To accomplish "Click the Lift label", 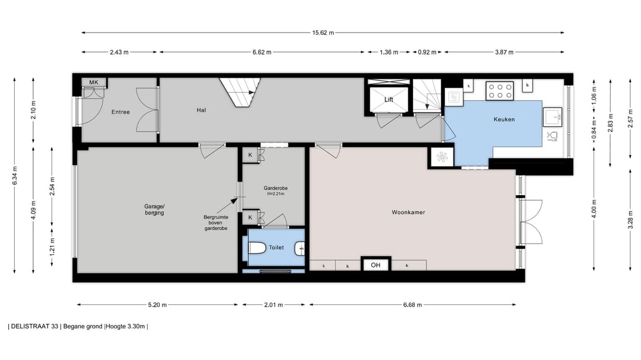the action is click(388, 99).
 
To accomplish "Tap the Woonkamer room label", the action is click(408, 212).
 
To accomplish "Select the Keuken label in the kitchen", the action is click(504, 119).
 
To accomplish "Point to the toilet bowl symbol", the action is click(256, 248).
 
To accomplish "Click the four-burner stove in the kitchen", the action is click(500, 91).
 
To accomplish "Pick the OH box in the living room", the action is click(376, 265).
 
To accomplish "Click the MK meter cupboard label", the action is click(94, 82).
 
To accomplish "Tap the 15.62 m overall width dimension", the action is click(323, 33).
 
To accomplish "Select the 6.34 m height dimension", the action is click(15, 176).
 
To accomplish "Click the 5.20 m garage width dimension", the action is click(157, 304).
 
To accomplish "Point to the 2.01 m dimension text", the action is click(274, 304).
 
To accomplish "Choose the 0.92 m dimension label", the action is click(427, 52).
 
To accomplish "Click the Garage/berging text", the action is click(154, 209).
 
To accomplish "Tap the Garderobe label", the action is click(275, 188).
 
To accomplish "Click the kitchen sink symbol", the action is click(553, 117).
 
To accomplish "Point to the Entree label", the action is click(120, 112).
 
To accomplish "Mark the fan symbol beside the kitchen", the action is click(442, 157).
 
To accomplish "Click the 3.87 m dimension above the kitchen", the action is click(504, 52).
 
